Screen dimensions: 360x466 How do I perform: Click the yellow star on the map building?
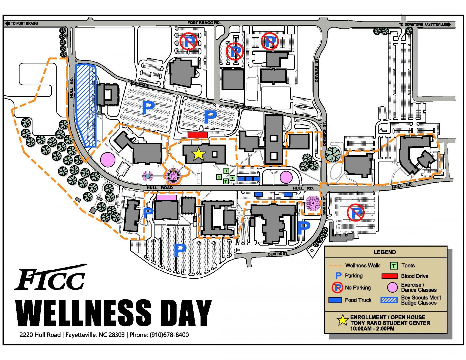point(198,154)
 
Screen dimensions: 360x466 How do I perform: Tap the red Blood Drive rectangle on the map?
point(198,135)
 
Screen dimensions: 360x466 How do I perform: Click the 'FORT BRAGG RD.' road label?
point(204,23)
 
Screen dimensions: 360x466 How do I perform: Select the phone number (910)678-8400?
point(169,335)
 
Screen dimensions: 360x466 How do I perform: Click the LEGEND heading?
point(384,252)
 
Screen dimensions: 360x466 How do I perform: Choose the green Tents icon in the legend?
point(394,266)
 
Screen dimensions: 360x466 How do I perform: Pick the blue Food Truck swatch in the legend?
point(335,300)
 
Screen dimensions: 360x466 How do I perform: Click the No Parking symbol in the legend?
point(337,288)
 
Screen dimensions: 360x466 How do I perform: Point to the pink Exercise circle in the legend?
point(392,287)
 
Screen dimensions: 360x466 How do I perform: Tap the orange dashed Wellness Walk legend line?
point(335,266)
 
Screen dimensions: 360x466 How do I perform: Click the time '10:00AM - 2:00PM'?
point(372,329)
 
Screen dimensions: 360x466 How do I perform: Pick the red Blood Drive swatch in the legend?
point(389,276)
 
